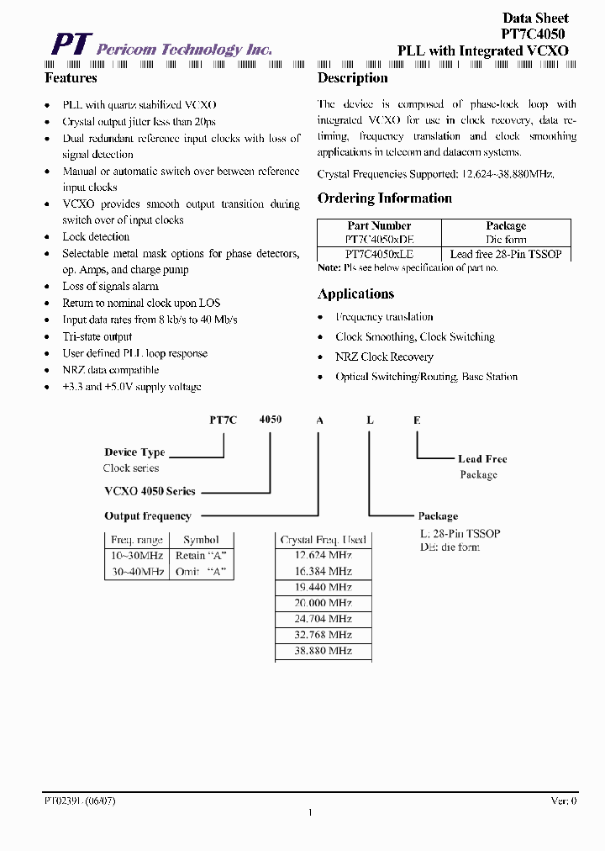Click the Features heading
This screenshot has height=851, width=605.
click(x=71, y=78)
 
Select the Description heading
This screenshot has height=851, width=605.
click(x=352, y=78)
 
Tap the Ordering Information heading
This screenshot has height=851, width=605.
click(x=384, y=198)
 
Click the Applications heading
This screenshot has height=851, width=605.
click(x=355, y=294)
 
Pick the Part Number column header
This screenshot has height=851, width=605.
click(x=379, y=225)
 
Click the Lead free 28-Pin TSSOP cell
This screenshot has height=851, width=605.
click(x=506, y=253)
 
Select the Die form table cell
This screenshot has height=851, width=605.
click(x=506, y=239)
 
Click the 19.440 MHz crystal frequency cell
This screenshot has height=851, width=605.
click(x=324, y=587)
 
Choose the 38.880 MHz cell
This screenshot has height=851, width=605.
click(x=324, y=651)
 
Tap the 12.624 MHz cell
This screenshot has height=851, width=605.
click(x=324, y=555)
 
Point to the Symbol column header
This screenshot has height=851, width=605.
click(x=201, y=540)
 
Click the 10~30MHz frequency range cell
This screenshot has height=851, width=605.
click(x=137, y=556)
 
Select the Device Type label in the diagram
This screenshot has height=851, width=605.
click(x=134, y=452)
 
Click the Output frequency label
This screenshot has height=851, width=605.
click(x=148, y=516)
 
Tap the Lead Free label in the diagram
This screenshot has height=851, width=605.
click(x=482, y=459)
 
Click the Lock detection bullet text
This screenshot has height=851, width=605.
click(x=96, y=237)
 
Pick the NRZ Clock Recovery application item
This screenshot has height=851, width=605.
click(x=384, y=357)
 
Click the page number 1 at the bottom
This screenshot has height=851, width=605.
click(x=310, y=812)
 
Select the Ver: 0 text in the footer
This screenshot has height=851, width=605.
click(x=563, y=801)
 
